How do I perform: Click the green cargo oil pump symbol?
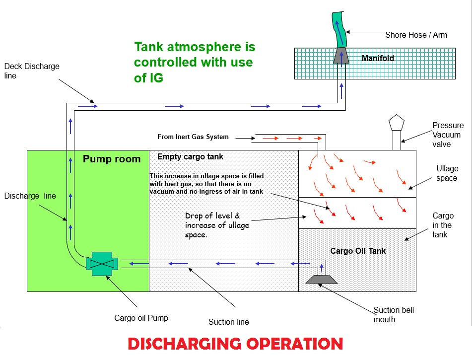(x=102, y=263)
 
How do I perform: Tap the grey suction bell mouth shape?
(x=321, y=279)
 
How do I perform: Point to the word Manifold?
(x=378, y=59)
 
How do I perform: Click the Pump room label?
(x=112, y=159)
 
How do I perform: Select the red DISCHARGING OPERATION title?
(x=235, y=344)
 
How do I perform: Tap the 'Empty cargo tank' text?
(x=190, y=157)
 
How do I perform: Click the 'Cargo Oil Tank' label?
(x=358, y=251)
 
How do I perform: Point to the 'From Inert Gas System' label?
(x=193, y=137)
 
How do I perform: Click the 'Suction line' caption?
(x=228, y=322)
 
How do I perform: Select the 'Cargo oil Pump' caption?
(x=141, y=318)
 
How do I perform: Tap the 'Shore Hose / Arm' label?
(x=416, y=35)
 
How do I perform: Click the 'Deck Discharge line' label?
(x=31, y=71)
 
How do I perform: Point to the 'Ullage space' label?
(x=447, y=173)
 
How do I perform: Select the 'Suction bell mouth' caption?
(x=393, y=315)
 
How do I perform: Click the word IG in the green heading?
(x=155, y=78)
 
